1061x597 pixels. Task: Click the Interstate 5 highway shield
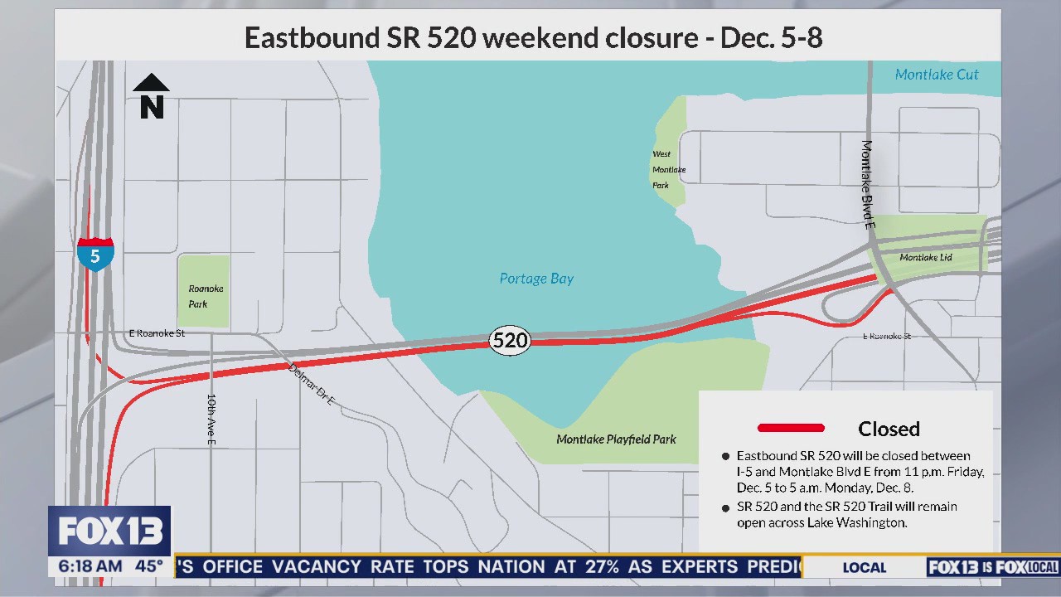click(95, 255)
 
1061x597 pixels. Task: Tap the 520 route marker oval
click(509, 340)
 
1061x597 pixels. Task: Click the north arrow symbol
click(152, 96)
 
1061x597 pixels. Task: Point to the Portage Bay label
click(536, 279)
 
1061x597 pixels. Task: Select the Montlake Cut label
click(937, 75)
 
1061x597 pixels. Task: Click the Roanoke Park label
click(205, 296)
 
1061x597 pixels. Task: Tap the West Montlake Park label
click(668, 169)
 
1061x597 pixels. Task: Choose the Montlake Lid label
click(925, 257)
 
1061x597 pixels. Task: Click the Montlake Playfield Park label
click(616, 439)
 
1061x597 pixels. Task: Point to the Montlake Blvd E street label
click(868, 184)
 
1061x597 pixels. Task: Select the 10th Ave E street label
click(212, 420)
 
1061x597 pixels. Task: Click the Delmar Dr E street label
click(312, 385)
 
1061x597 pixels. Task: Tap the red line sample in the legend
click(791, 428)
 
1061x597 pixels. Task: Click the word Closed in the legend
click(889, 429)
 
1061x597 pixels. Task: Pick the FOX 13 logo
click(109, 531)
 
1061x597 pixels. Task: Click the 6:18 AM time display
click(90, 567)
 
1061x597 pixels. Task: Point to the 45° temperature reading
click(149, 567)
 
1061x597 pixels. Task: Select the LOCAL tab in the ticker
click(864, 567)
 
